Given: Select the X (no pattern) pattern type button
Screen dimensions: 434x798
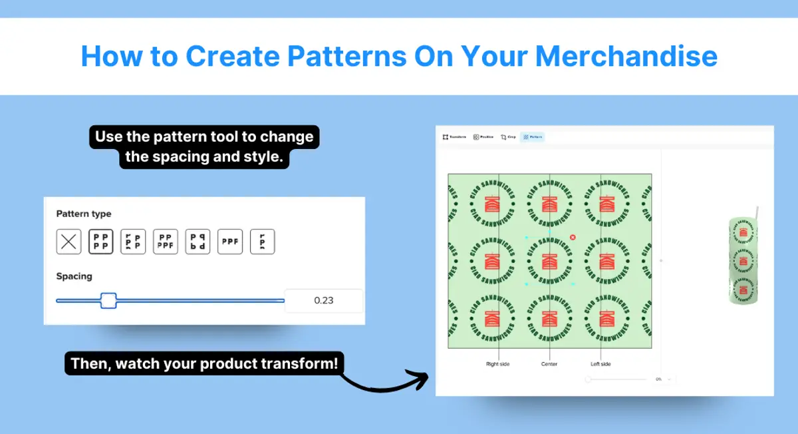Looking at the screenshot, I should click(68, 242).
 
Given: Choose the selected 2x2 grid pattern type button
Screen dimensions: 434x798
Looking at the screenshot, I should click(101, 242).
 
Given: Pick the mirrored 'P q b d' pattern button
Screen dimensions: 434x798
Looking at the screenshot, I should click(198, 242).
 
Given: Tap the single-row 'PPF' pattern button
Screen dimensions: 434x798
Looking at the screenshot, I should click(230, 242).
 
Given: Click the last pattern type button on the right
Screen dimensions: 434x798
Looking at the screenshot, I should click(262, 242).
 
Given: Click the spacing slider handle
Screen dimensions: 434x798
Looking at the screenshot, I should click(108, 300).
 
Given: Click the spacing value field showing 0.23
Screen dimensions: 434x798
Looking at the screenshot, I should click(324, 301).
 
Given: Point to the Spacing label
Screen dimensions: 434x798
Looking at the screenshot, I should click(74, 276).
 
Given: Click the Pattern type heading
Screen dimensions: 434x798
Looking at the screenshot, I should click(84, 214).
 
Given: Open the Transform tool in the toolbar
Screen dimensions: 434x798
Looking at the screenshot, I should click(455, 137).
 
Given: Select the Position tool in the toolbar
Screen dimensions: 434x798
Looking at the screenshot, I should click(483, 137).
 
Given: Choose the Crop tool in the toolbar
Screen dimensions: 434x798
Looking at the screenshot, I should click(508, 137).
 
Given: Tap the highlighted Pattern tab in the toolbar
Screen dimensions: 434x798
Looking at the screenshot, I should click(533, 137).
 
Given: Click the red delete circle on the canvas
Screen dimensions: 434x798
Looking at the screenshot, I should click(573, 237).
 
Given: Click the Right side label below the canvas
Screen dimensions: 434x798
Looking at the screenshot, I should click(497, 364).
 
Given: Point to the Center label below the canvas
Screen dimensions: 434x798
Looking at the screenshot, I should click(549, 364).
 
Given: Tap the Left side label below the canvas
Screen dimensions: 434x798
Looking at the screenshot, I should click(600, 364).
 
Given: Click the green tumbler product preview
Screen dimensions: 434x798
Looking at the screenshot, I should click(743, 260).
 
